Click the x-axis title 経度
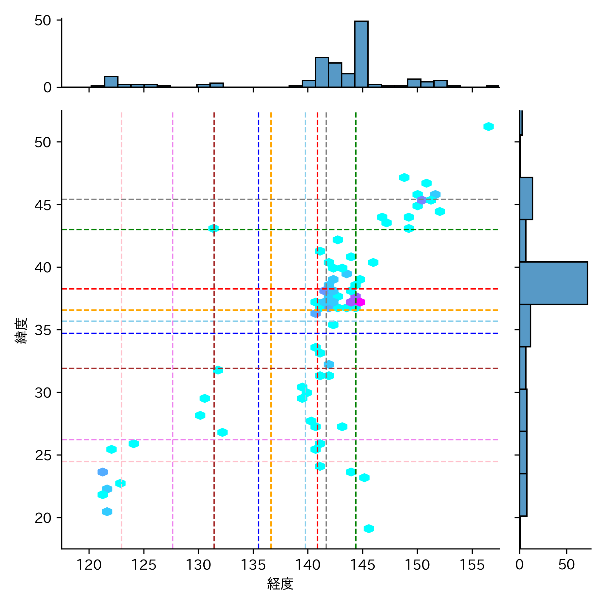coord(280,584)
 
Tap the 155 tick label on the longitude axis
coord(472,565)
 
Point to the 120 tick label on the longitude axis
coord(89,565)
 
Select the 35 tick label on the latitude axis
coord(43,330)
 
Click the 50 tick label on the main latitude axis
coord(43,142)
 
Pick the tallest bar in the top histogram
coord(361,54)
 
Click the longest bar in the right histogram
coord(553,283)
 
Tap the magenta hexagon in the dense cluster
coord(360,302)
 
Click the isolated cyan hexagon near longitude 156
coord(489,127)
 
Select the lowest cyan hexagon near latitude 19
coord(369,529)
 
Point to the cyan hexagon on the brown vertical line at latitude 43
coord(213,229)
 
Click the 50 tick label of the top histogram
coord(43,21)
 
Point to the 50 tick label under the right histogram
coord(566,565)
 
